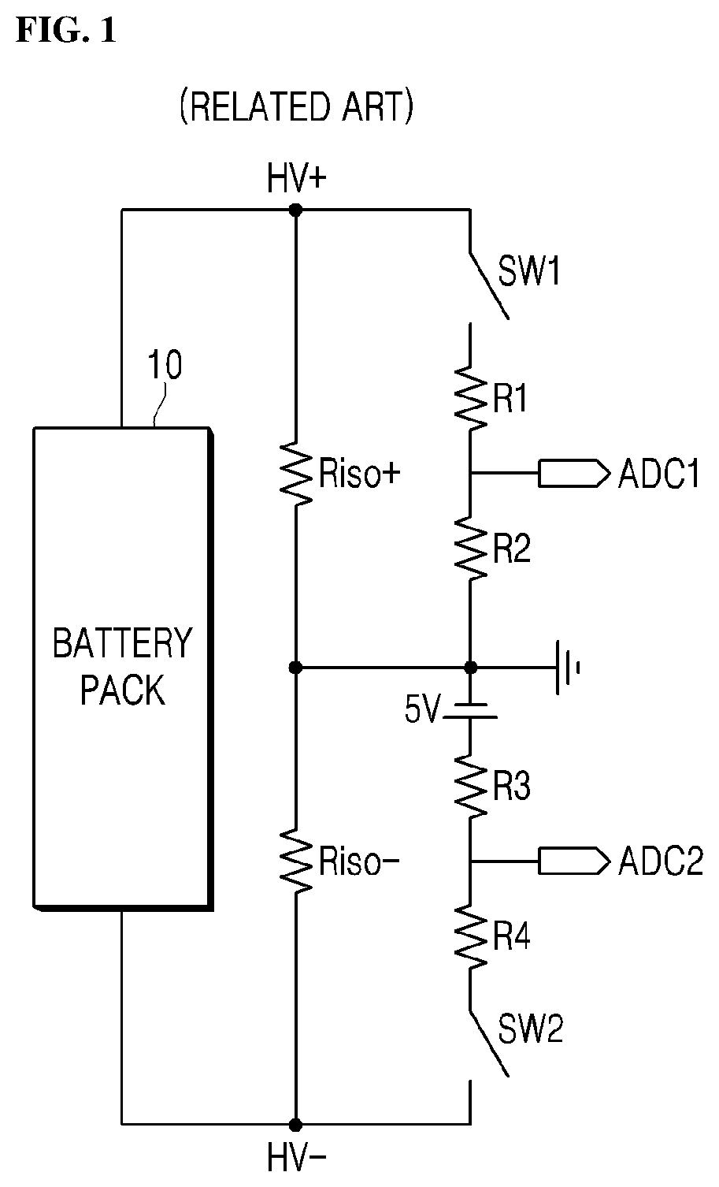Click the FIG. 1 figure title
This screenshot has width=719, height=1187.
(66, 30)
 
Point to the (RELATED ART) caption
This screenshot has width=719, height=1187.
(296, 107)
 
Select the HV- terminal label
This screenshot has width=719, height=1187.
(296, 1158)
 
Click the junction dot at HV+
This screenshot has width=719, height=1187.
(296, 210)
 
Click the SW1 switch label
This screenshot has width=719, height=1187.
(529, 271)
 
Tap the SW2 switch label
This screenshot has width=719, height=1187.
(530, 1029)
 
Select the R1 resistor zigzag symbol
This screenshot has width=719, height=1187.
(471, 397)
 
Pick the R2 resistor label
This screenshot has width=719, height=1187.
(511, 549)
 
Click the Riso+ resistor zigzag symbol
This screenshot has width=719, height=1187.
(296, 473)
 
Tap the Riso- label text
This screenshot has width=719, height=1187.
(359, 861)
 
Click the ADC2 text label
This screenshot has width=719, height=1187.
(660, 861)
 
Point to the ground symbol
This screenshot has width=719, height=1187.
(568, 667)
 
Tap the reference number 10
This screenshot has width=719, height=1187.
(165, 365)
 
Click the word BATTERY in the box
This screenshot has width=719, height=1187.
(122, 643)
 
